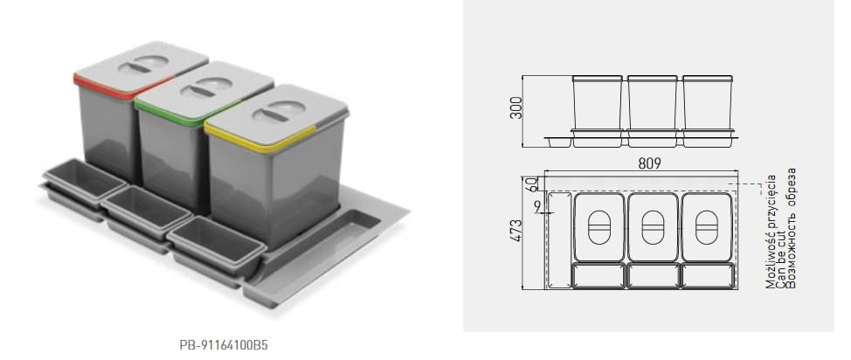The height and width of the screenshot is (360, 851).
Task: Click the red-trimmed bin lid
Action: pyautogui.click(x=141, y=69)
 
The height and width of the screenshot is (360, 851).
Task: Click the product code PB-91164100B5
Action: pyautogui.click(x=224, y=345)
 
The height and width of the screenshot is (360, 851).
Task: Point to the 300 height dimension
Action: pyautogui.click(x=515, y=107)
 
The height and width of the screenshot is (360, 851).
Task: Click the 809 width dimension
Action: pyautogui.click(x=649, y=163)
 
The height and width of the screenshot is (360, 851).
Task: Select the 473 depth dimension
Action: pyautogui.click(x=515, y=230)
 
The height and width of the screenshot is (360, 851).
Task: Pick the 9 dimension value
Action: pyautogui.click(x=537, y=207)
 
